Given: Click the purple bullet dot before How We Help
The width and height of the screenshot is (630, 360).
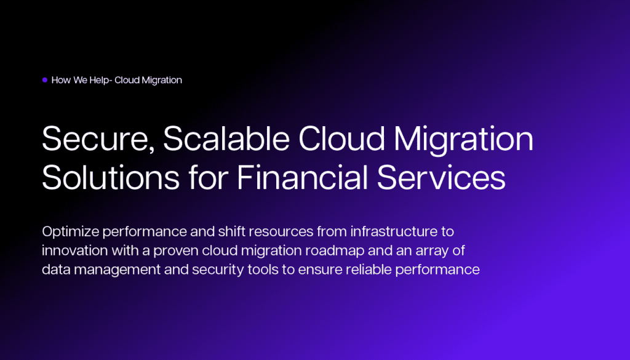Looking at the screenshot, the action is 44,80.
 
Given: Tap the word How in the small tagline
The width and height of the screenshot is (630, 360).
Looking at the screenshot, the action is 61,80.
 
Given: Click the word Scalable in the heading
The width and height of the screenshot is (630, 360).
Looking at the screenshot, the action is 226,138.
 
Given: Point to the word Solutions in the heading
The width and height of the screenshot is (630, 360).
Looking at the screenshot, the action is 111,177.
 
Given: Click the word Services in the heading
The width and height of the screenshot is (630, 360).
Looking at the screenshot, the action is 441,177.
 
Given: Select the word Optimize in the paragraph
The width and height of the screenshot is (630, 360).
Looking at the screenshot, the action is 70,232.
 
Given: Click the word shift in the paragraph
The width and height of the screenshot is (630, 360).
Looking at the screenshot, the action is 231,231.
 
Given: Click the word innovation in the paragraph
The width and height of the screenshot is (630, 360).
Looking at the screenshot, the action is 74,250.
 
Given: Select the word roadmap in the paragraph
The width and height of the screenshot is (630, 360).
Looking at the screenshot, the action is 335,251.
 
